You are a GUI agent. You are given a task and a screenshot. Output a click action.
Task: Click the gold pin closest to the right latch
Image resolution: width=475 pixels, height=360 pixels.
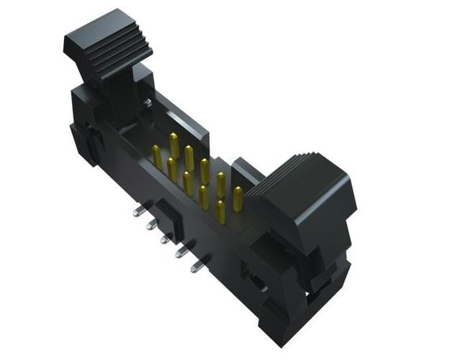[x=237, y=198]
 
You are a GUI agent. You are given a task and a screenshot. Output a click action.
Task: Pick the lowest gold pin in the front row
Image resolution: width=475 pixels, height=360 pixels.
[x=220, y=211]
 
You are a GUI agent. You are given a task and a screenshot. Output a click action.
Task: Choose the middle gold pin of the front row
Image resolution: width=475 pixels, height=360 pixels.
[x=188, y=183]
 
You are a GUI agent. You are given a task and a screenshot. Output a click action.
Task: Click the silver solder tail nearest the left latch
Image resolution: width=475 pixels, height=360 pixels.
[x=139, y=211]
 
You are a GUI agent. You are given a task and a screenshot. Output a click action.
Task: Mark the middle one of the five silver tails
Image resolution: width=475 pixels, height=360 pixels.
[x=165, y=237]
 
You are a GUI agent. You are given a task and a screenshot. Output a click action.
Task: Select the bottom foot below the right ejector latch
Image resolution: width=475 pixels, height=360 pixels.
[x=281, y=324]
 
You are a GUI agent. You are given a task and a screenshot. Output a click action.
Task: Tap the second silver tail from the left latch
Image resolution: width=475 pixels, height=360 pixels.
[x=150, y=225]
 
